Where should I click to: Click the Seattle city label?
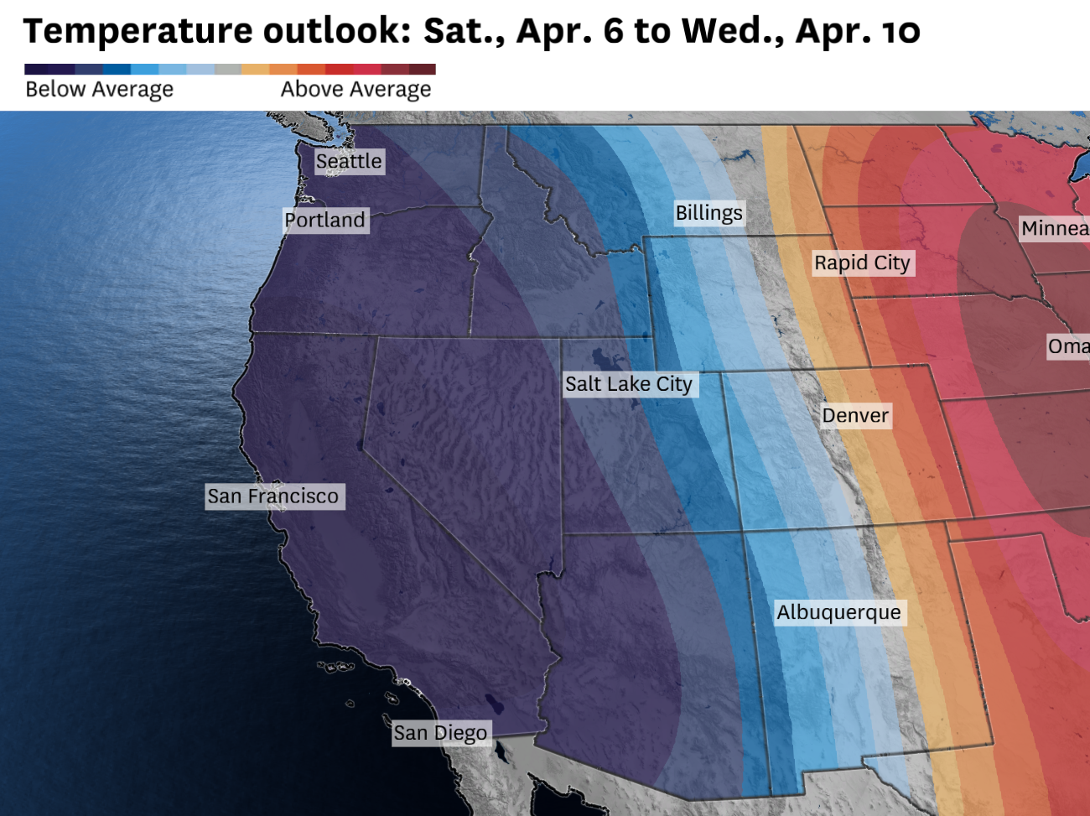coord(349,161)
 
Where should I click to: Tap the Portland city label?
coord(325,220)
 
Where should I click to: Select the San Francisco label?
coord(273,496)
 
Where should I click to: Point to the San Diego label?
coord(440,733)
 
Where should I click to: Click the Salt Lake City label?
coord(629,384)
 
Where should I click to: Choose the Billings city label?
coord(709,213)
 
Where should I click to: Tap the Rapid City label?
coord(862,262)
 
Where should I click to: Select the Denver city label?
coord(855,415)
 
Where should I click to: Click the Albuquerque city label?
coord(838,612)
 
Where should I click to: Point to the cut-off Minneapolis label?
coord(1055,228)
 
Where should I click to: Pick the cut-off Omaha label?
coord(1068,346)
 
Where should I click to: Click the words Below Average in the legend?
coord(99,90)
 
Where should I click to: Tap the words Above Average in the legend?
coord(356,90)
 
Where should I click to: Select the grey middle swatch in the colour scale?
coord(227,70)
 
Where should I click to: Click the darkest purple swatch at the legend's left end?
coord(38,70)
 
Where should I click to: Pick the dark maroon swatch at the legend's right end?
coord(423,70)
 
